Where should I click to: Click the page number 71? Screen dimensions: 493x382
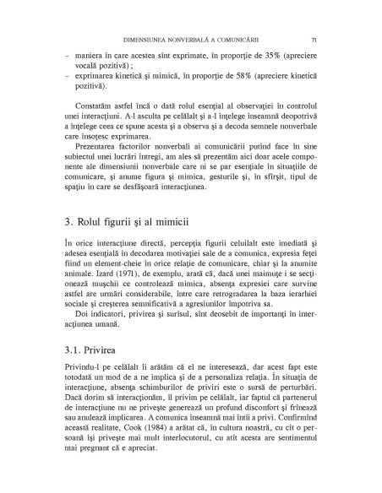(x=314, y=39)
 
